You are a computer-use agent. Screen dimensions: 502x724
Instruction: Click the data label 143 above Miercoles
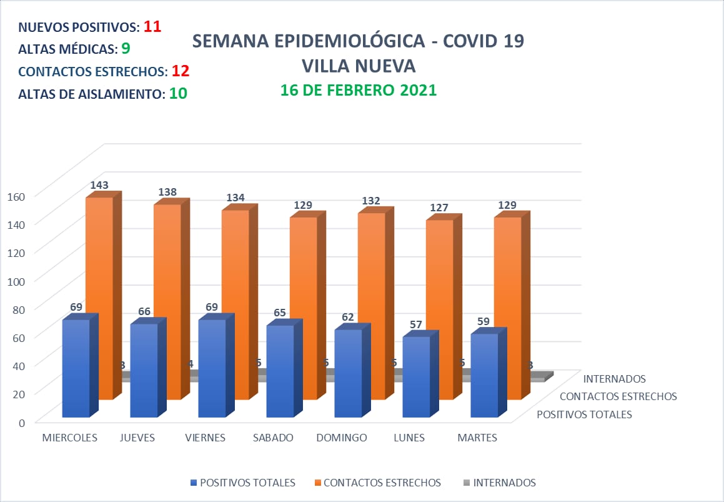[99, 185]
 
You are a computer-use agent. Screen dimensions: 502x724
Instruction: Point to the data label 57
[415, 324]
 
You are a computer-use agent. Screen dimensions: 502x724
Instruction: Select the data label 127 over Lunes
[440, 208]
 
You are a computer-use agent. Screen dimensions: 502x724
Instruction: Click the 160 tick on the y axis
[16, 196]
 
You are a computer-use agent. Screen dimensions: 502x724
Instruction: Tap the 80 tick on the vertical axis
[18, 308]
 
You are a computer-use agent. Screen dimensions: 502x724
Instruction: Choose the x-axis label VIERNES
[205, 438]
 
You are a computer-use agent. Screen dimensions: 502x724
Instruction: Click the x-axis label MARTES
[477, 438]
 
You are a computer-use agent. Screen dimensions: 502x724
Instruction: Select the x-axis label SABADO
[273, 438]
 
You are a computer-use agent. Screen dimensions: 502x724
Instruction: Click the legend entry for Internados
[504, 483]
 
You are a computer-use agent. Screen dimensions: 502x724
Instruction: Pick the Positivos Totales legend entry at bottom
[247, 483]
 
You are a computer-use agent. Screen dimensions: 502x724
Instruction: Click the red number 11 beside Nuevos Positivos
[152, 27]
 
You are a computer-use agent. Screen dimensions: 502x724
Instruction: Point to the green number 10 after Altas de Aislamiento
[178, 94]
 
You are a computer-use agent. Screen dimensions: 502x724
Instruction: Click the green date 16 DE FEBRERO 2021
[358, 90]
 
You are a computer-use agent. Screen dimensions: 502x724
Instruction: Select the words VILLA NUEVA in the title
[358, 66]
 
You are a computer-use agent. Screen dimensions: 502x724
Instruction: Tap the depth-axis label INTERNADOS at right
[614, 379]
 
